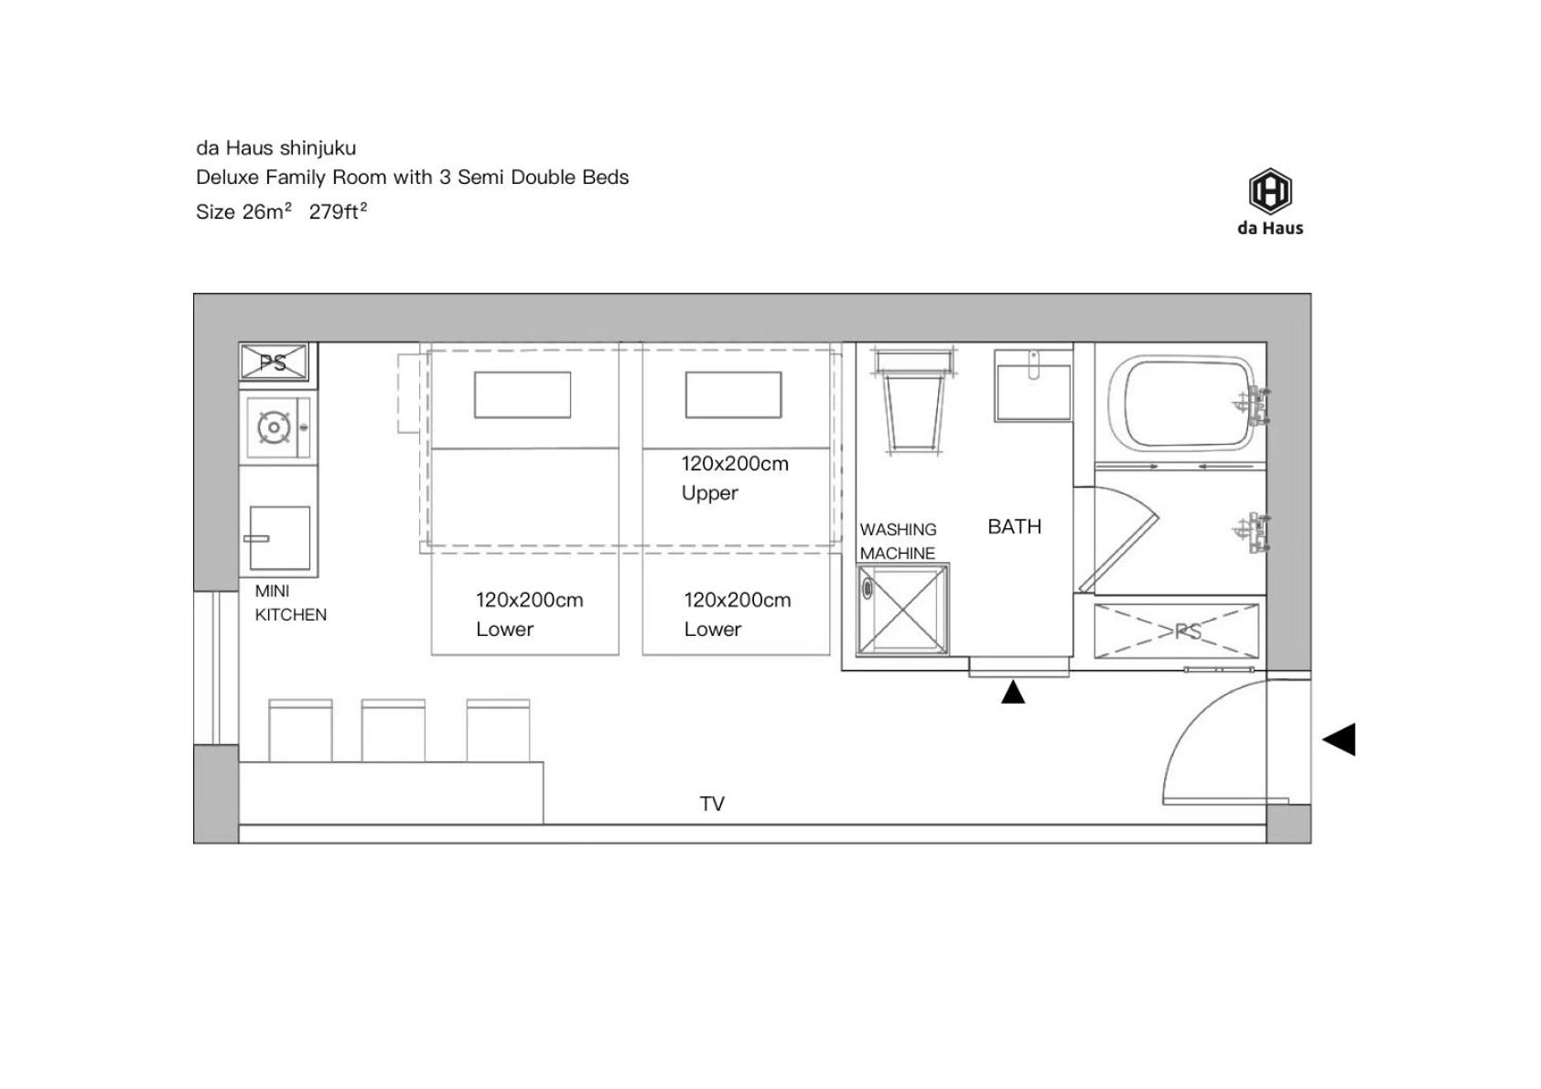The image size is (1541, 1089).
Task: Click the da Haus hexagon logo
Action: (x=1270, y=190)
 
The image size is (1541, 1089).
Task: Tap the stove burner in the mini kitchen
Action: (x=274, y=428)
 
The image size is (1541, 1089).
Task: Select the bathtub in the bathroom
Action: (x=1183, y=404)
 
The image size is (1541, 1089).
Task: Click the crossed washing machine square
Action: (x=902, y=609)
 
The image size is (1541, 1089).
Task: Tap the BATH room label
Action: (x=1014, y=527)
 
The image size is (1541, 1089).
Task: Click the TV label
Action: (x=712, y=803)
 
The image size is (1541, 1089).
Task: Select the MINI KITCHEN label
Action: (x=290, y=603)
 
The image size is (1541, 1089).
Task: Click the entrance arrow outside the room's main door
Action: (x=1339, y=739)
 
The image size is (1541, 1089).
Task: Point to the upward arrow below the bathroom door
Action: (x=1013, y=692)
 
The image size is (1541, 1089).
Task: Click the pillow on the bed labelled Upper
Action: (x=733, y=394)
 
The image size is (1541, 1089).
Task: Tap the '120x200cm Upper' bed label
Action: (x=735, y=478)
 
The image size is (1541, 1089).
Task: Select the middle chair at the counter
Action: (x=393, y=730)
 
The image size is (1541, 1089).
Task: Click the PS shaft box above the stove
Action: (x=274, y=361)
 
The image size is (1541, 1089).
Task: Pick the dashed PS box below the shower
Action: (x=1177, y=631)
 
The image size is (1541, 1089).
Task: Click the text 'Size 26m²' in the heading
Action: (x=243, y=211)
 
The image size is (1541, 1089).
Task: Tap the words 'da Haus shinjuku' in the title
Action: (x=275, y=148)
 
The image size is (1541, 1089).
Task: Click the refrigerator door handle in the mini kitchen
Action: (x=256, y=539)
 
